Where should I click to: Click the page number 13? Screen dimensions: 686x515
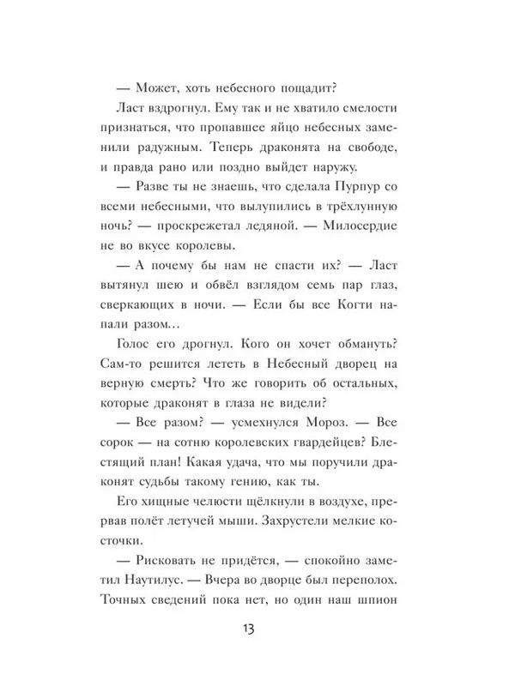pyautogui.click(x=257, y=629)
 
